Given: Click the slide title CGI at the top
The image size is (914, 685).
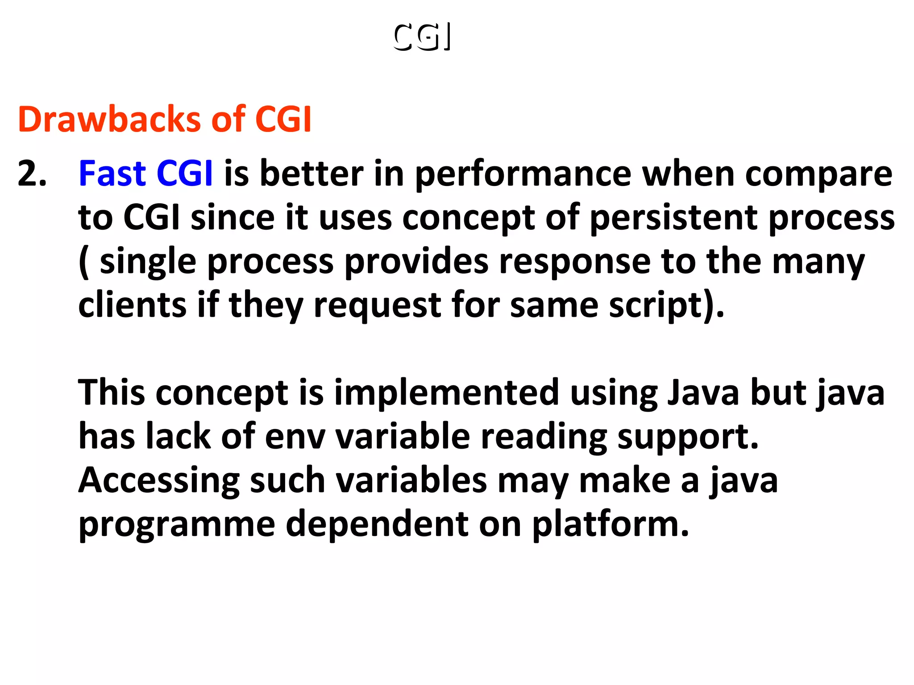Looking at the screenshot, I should point(422,37).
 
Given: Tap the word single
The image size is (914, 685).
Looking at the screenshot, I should point(148,262).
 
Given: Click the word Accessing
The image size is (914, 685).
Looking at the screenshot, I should point(159,481).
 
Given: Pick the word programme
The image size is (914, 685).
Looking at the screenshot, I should point(177,524).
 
